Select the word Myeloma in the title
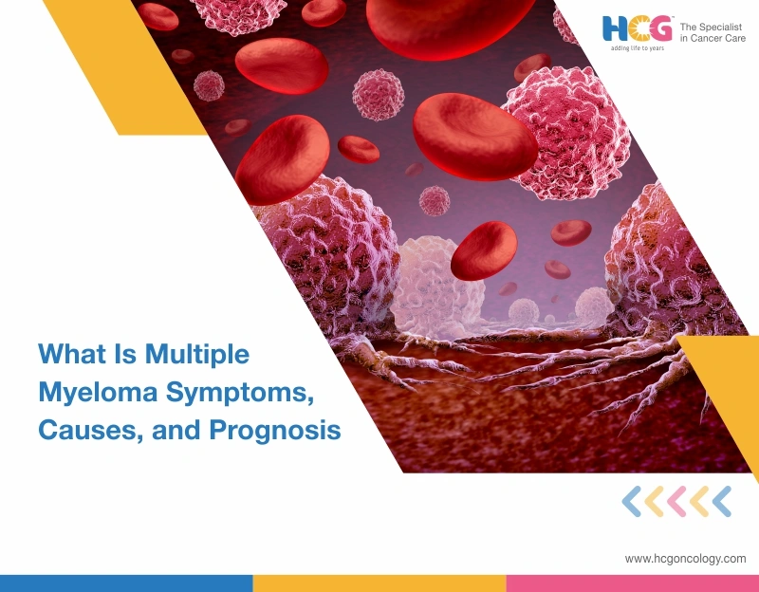coord(84,392)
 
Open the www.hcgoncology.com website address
coord(684,559)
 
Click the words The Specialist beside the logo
coord(713,26)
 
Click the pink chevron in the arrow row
coord(676,501)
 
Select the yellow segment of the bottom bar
coord(379,583)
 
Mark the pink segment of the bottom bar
coord(632,583)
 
